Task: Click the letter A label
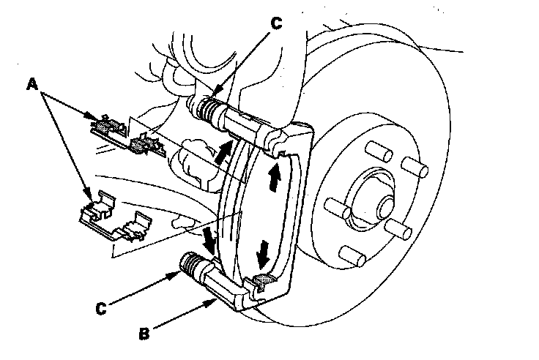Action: click(32, 85)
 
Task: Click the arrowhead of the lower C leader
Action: click(180, 273)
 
